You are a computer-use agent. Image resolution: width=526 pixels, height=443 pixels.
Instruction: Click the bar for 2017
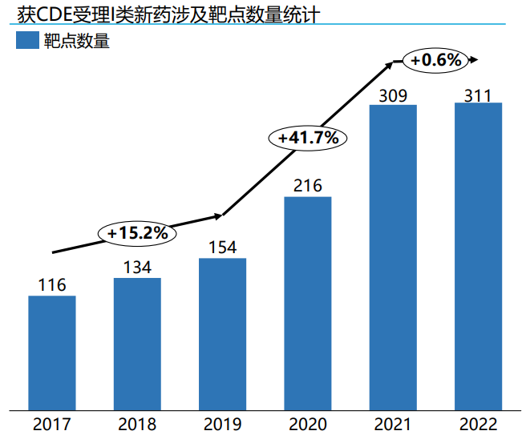click(x=52, y=352)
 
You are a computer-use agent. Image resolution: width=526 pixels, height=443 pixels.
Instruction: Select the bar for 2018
click(x=137, y=344)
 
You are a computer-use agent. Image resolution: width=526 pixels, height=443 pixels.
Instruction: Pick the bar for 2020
click(x=308, y=303)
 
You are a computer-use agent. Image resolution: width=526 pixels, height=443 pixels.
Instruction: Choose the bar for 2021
click(x=393, y=257)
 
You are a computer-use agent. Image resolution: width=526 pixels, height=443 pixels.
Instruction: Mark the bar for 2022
click(x=478, y=256)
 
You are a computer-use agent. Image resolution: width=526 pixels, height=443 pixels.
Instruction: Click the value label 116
click(x=52, y=284)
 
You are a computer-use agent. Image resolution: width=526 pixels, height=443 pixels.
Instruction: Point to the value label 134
click(x=137, y=267)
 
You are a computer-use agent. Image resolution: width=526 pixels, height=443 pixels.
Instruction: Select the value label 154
click(x=222, y=247)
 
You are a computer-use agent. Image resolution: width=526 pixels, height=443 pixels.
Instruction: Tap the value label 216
click(x=308, y=186)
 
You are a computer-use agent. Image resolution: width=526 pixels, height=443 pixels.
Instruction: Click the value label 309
click(x=393, y=95)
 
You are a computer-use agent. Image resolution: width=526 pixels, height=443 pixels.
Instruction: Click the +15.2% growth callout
click(x=137, y=233)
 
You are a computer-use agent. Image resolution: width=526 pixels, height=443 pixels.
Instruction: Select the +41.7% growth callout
click(x=308, y=138)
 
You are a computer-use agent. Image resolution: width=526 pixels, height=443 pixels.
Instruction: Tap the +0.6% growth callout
click(x=436, y=59)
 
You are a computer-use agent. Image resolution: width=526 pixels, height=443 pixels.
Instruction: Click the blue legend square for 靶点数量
click(x=27, y=41)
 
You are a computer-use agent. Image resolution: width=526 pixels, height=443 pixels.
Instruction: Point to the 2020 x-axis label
click(x=308, y=425)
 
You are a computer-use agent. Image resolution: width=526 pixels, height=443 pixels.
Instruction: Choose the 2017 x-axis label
click(x=52, y=425)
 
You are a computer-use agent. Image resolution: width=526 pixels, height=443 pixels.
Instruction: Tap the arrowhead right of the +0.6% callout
click(x=475, y=59)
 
